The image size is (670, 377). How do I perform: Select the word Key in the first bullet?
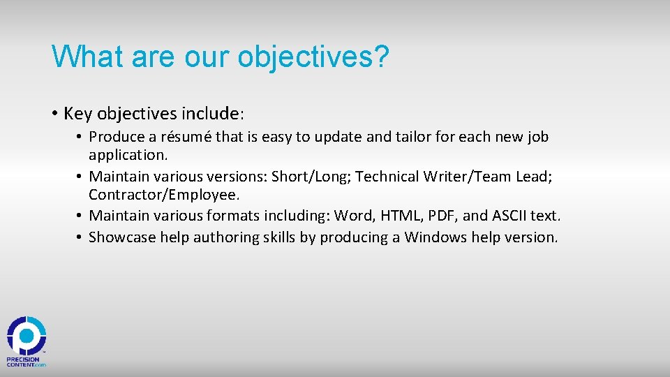(79, 113)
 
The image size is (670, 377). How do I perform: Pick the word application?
(128, 154)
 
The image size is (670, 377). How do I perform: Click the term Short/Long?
(310, 177)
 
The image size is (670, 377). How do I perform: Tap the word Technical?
(387, 177)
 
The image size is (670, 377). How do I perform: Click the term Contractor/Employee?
(164, 195)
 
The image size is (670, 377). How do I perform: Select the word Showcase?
(122, 237)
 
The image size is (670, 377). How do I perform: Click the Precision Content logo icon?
(27, 336)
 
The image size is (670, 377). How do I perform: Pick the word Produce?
(115, 137)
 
